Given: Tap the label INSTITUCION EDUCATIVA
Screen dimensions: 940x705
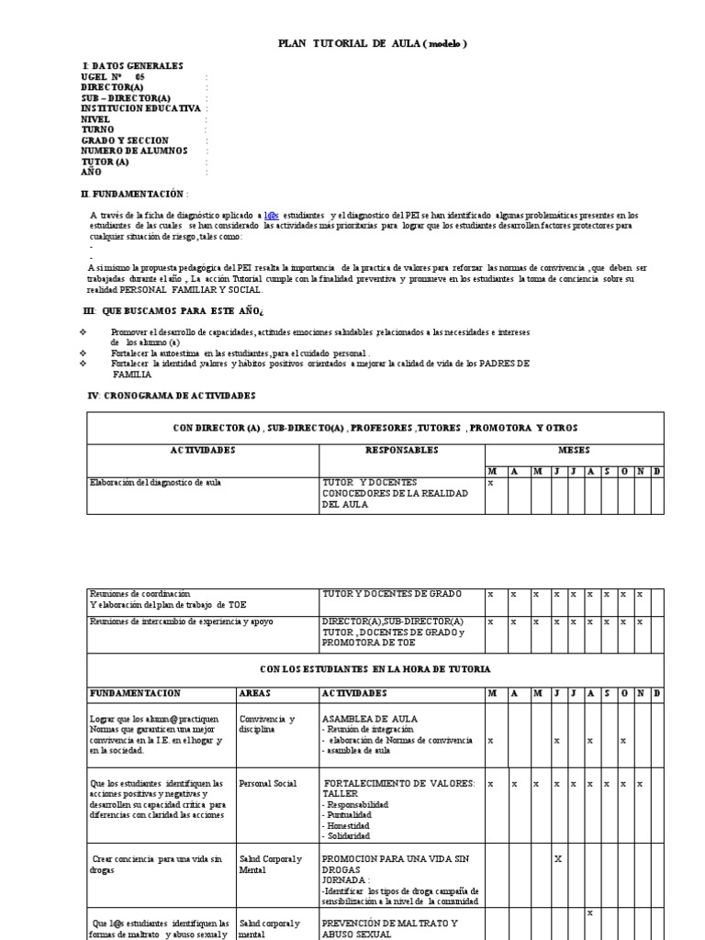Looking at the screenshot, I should point(140,108).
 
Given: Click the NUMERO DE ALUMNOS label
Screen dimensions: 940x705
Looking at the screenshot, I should point(134,151).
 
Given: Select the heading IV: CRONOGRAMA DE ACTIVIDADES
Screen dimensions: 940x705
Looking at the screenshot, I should point(170,395).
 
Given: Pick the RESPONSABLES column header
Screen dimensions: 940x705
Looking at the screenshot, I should point(401,451).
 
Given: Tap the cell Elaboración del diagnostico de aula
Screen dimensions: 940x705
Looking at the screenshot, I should point(155,482).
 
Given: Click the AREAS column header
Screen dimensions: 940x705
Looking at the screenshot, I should point(255,692).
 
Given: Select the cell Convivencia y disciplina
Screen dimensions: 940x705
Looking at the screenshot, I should point(267,725).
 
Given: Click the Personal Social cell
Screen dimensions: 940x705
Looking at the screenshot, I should point(268,784).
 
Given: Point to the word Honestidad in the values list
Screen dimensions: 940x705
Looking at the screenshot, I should point(347,825).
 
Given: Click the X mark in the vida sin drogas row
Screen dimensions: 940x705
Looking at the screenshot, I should point(557,858).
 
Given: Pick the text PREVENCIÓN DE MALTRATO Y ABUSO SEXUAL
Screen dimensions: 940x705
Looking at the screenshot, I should point(390,928).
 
